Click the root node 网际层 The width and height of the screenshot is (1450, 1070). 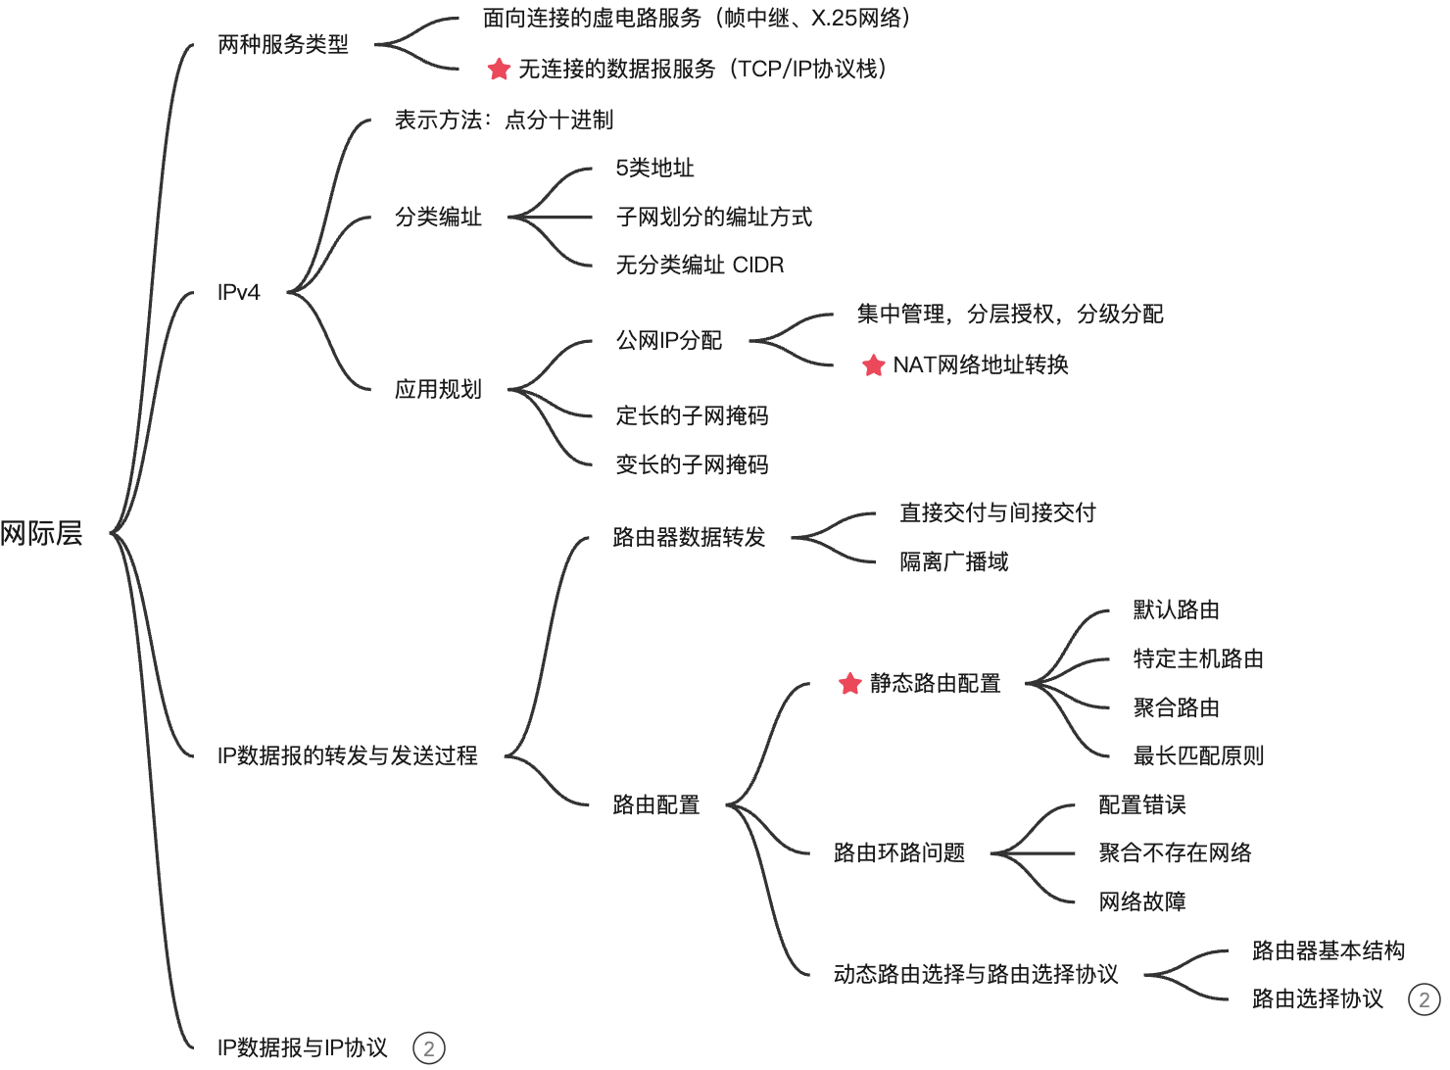(x=42, y=533)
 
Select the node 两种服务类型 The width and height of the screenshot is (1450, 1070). (x=283, y=45)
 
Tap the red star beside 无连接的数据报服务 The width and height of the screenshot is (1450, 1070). (x=499, y=69)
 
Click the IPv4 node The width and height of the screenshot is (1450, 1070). (x=239, y=292)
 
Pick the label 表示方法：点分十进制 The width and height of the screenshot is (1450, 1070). (x=504, y=120)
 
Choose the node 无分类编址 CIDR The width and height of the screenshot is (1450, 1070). (x=700, y=265)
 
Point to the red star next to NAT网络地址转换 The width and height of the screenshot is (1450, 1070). (x=873, y=365)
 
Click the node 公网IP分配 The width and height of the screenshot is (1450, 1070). (x=669, y=340)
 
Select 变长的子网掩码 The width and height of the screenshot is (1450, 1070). (x=692, y=464)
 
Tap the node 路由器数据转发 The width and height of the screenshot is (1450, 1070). (x=689, y=537)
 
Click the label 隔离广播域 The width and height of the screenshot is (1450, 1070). (x=954, y=561)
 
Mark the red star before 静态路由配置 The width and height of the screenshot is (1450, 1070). (x=849, y=684)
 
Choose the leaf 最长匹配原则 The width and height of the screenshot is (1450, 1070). (x=1198, y=755)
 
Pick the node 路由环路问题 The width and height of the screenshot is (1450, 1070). (x=899, y=852)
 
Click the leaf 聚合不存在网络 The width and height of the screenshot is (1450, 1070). (x=1175, y=852)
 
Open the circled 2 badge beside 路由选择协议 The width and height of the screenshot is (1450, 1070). (x=1424, y=999)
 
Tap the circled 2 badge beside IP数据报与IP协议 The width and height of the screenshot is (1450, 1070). (x=429, y=1047)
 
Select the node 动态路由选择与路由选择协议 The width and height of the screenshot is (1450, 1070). (x=976, y=974)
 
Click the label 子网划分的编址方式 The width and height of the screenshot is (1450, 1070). (x=714, y=217)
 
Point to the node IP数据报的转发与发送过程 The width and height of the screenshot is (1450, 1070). (x=348, y=755)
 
